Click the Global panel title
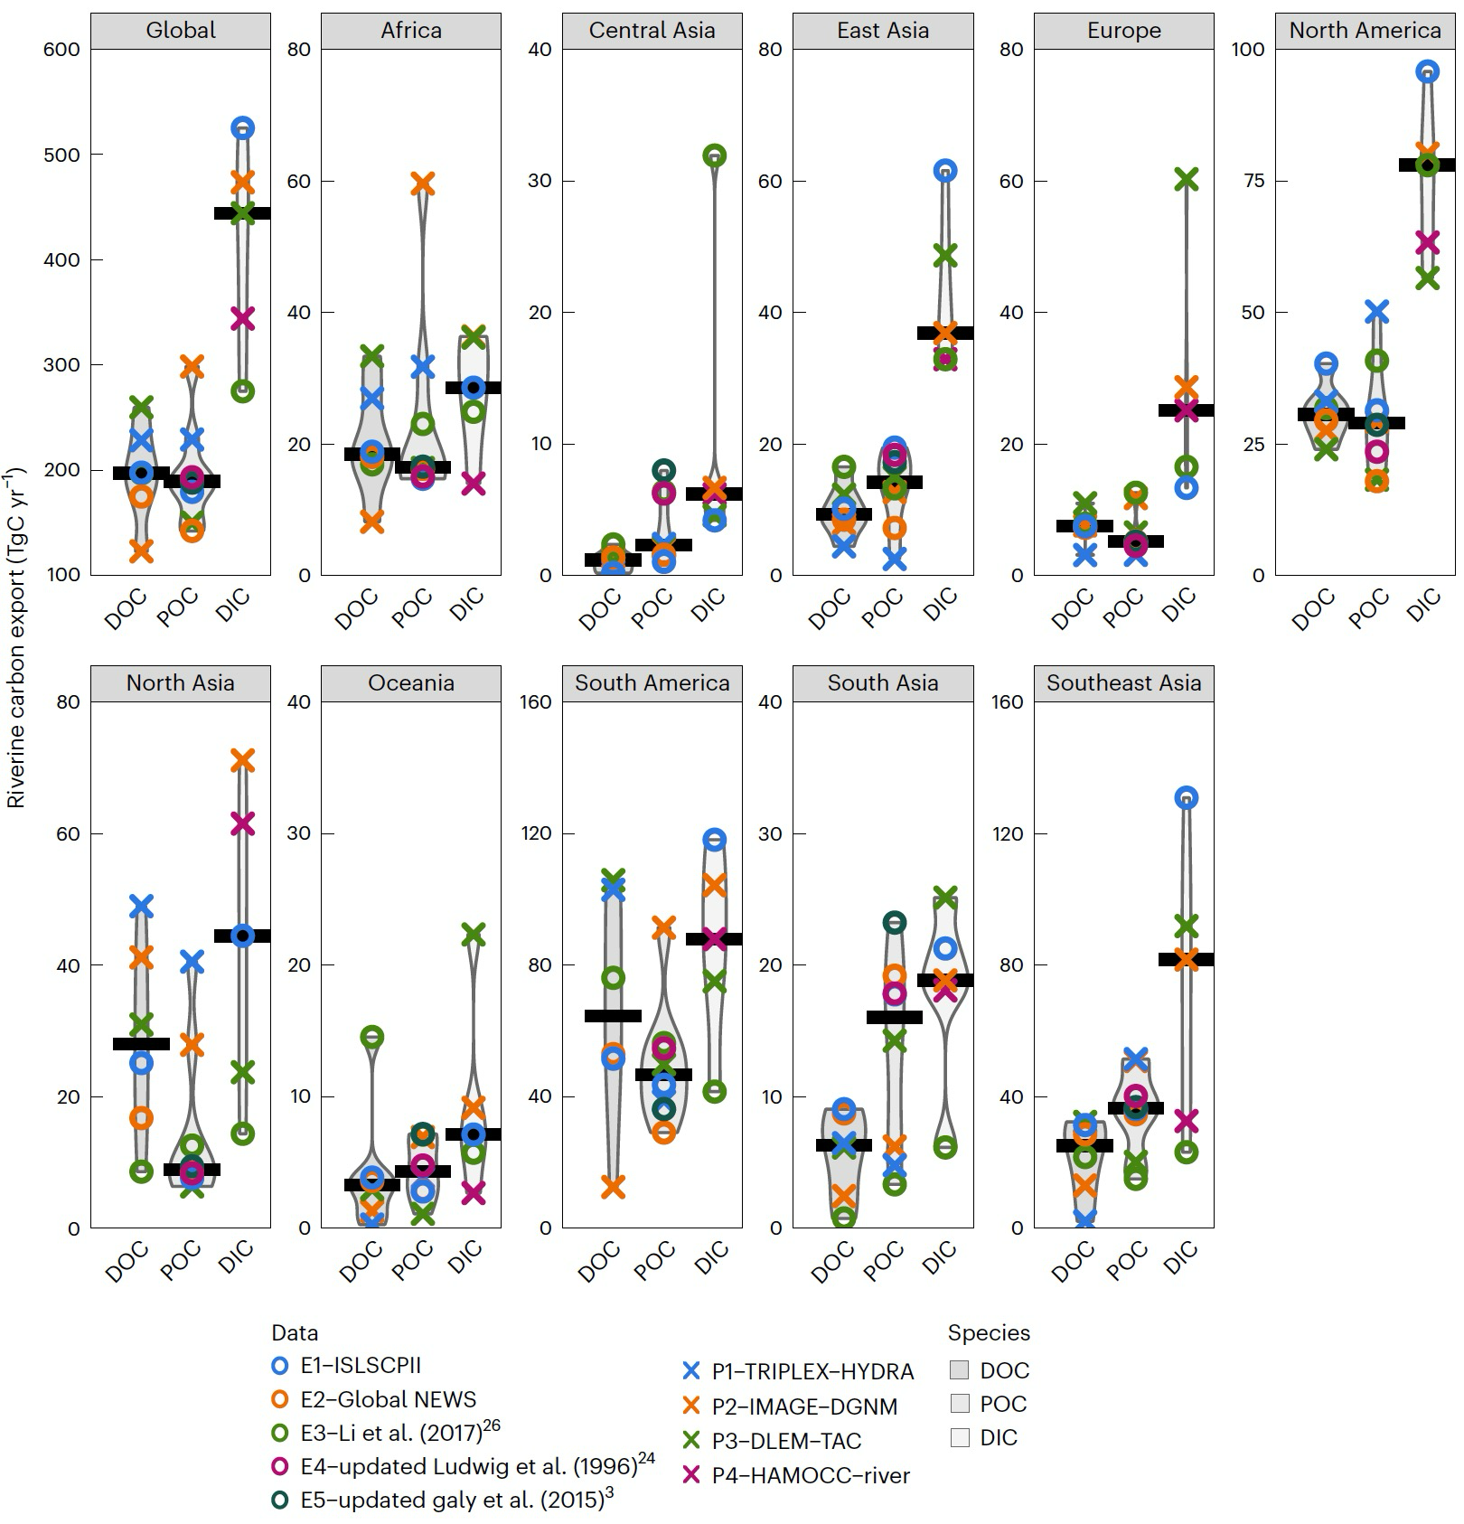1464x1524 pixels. pos(181,31)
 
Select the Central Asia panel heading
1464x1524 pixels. pos(652,31)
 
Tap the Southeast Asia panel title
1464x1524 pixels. pos(1123,683)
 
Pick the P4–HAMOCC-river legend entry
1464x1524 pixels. pos(810,1475)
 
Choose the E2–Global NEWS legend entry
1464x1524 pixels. pos(387,1399)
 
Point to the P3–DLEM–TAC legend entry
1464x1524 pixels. pos(785,1441)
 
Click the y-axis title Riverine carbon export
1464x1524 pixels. pos(16,637)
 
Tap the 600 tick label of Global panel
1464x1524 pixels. pos(61,50)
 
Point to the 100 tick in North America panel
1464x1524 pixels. pos(1247,50)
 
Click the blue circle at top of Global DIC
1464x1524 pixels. pos(242,128)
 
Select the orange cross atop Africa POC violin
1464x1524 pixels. pos(422,184)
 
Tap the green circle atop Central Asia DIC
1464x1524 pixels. pos(715,155)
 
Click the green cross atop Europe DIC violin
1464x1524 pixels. pos(1186,179)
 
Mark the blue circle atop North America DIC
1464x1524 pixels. pos(1427,71)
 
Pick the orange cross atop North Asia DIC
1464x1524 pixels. pos(242,760)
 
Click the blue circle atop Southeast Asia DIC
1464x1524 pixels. pos(1186,797)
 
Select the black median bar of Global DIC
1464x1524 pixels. pos(242,213)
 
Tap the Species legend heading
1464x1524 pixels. pos(989,1332)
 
